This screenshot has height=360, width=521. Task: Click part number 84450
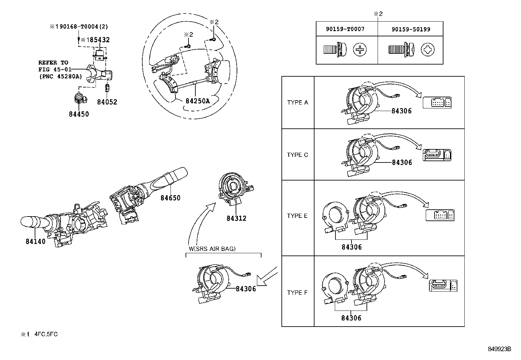point(79,114)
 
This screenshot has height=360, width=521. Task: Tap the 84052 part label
point(107,102)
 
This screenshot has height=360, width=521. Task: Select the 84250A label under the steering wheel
point(198,101)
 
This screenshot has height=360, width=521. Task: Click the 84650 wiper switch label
point(171,198)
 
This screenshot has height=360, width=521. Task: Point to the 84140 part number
point(36,241)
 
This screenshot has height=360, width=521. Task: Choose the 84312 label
point(237,218)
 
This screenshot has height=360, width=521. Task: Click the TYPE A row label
point(297,103)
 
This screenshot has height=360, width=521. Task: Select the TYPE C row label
point(297,155)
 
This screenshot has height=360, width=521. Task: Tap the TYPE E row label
point(297,216)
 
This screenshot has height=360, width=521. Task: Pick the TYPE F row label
point(297,293)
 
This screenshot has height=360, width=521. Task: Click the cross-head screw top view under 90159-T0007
point(360,49)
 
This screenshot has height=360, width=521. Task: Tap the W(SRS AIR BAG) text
point(212,249)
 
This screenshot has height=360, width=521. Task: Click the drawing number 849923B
point(499,349)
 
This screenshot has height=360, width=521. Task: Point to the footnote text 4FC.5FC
point(46,334)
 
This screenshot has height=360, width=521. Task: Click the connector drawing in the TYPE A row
point(437,103)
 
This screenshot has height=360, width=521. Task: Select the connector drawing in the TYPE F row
point(443,286)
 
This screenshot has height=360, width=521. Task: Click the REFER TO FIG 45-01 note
point(61,69)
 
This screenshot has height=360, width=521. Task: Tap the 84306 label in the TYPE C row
point(402,162)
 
